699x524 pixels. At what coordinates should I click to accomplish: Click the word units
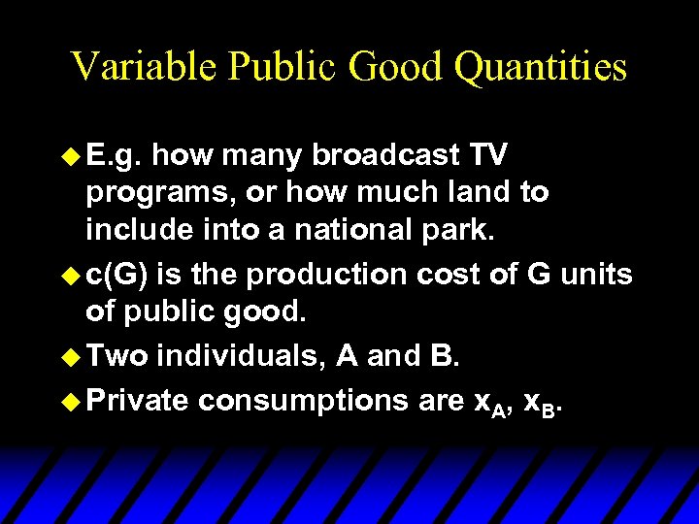pyautogui.click(x=595, y=276)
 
